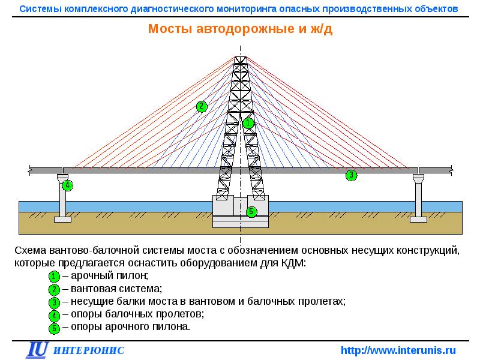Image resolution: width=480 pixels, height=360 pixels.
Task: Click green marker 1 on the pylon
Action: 248,123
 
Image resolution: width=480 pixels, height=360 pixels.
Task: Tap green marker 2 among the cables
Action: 202,107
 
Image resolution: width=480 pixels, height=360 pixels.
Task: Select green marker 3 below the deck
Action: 351,176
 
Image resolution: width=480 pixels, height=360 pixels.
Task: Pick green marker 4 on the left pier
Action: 68,185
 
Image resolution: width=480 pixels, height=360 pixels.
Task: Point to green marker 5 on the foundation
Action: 251,211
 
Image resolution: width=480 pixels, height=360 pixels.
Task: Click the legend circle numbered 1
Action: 54,277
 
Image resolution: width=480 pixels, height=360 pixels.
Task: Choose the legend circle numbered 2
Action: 54,289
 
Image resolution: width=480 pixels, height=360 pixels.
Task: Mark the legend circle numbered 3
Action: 54,302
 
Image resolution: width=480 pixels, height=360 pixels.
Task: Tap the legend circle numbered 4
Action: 54,314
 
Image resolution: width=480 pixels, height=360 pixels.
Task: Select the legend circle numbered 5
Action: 54,327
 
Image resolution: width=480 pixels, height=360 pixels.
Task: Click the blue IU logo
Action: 37,350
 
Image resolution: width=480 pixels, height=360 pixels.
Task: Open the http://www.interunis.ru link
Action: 398,350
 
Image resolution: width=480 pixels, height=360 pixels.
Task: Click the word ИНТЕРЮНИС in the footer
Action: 89,350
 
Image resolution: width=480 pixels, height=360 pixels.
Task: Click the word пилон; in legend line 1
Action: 133,276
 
